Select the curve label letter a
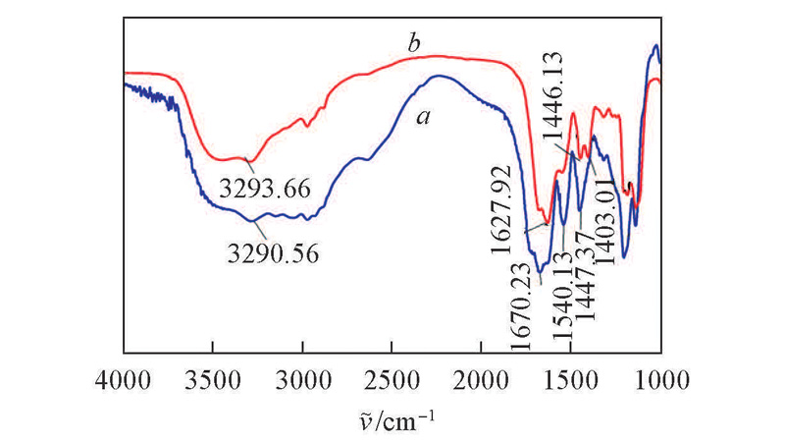coord(424,117)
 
